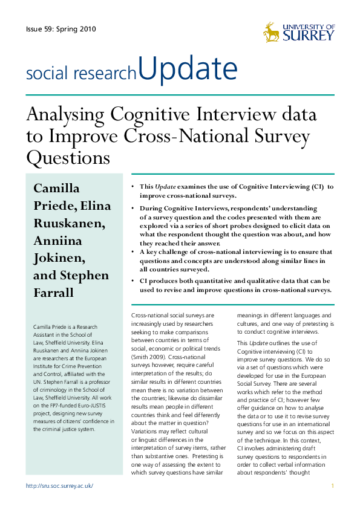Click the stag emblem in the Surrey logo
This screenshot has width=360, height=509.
[272, 32]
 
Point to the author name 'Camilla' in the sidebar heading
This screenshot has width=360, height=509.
[56, 188]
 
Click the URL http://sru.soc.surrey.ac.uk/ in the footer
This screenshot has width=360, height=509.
[59, 486]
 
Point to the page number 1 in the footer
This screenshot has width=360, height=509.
[333, 486]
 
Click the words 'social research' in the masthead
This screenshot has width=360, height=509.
[81, 74]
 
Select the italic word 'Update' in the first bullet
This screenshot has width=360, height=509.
[166, 187]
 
